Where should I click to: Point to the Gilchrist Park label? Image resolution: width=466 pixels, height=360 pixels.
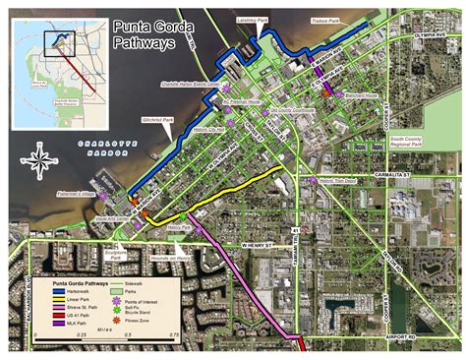pyautogui.click(x=157, y=120)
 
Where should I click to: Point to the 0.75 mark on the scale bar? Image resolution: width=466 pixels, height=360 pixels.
pyautogui.click(x=173, y=334)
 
